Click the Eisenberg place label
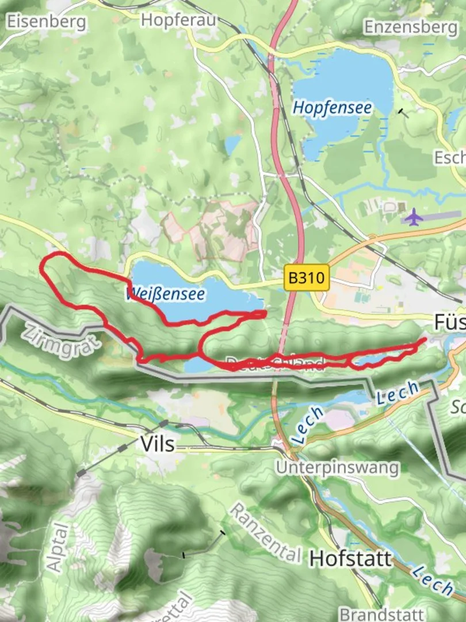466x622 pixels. (x=46, y=22)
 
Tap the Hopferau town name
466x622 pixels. (x=178, y=20)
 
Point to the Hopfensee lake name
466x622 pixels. (x=332, y=108)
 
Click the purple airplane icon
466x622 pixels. (x=413, y=218)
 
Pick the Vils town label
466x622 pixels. (x=157, y=445)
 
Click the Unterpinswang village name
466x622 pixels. (x=337, y=467)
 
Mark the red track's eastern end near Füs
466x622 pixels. (x=425, y=340)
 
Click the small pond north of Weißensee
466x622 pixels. (x=232, y=145)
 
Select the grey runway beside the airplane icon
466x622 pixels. (x=440, y=215)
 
